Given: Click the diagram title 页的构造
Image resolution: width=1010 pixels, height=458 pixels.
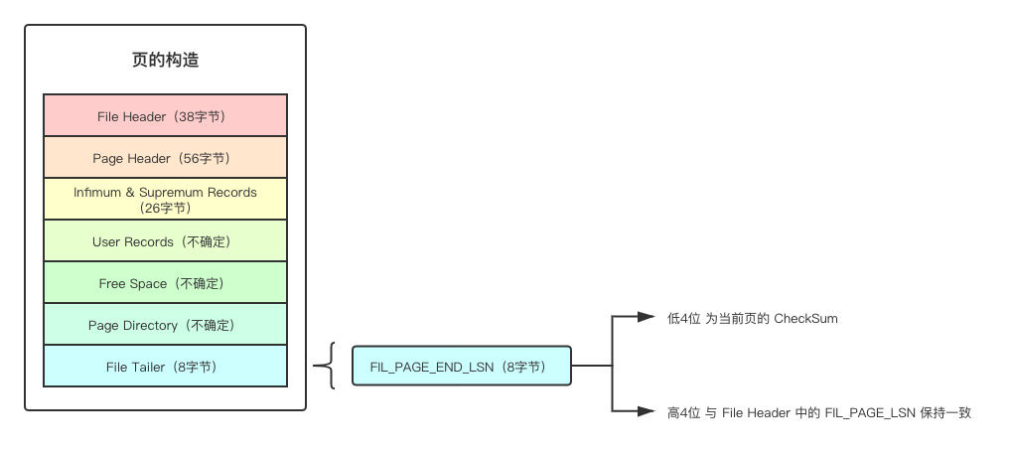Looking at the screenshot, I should [x=165, y=61].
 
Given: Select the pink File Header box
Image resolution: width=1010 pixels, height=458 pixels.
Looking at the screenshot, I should [x=165, y=115].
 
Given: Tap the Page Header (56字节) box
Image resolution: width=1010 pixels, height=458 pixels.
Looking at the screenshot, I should [x=165, y=157].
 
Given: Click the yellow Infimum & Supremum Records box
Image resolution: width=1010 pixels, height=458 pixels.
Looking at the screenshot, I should [x=165, y=199].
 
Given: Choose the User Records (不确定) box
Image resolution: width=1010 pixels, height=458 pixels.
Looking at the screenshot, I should [x=165, y=240].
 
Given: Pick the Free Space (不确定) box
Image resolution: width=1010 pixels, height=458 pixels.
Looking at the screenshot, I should [x=165, y=282].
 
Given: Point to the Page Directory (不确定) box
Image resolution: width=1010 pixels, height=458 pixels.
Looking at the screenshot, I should [x=165, y=324].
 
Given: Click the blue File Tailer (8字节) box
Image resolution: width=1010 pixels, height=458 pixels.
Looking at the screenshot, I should [x=165, y=366].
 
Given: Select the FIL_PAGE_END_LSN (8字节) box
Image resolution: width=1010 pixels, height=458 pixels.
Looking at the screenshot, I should [x=462, y=367].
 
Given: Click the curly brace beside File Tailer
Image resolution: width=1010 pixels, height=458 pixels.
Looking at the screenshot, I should [x=325, y=367].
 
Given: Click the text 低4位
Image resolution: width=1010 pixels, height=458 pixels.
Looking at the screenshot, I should [x=683, y=319].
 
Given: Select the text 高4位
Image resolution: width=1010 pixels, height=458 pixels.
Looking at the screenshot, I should [x=683, y=411].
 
